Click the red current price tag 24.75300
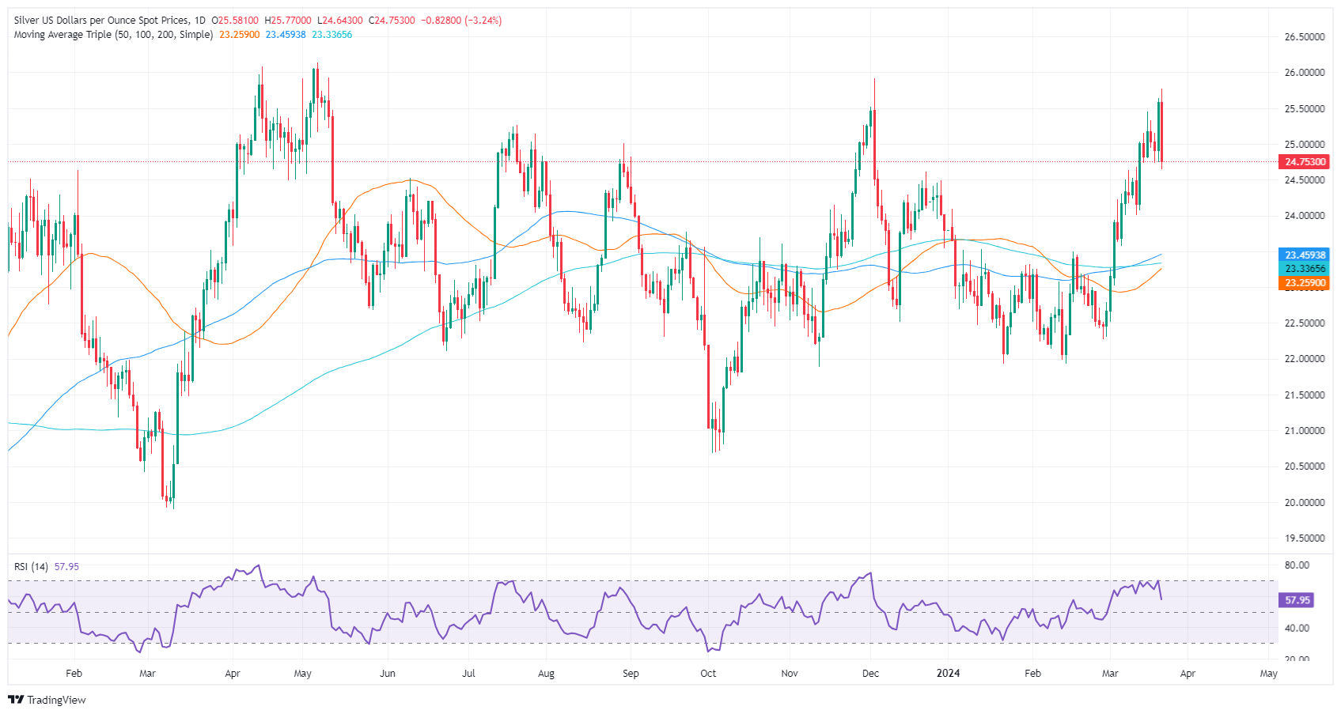[1305, 162]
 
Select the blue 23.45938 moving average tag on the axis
[1305, 255]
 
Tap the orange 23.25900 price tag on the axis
[1305, 283]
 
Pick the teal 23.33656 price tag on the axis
[1305, 269]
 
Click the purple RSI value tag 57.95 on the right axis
[1297, 600]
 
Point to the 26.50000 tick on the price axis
[1305, 37]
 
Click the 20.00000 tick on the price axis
[1305, 503]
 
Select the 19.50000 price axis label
[1305, 538]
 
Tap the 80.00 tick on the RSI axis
[1297, 565]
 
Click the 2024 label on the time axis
[948, 674]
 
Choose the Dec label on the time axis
[870, 674]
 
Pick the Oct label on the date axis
[708, 674]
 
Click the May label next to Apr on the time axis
[1268, 674]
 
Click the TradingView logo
[47, 700]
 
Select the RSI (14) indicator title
[31, 567]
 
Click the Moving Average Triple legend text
[113, 35]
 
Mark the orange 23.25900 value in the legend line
[239, 35]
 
